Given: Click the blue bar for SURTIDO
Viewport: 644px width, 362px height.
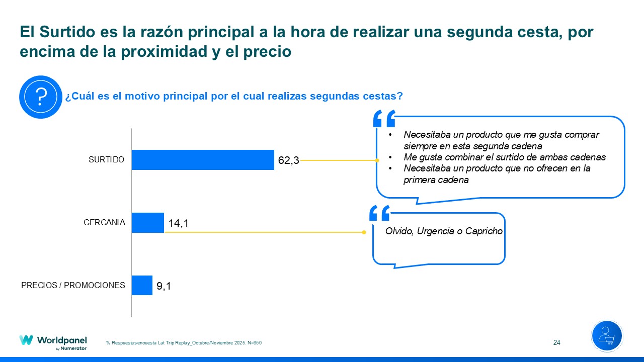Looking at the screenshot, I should [x=203, y=160].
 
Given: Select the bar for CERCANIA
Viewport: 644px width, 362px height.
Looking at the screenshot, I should [x=148, y=223].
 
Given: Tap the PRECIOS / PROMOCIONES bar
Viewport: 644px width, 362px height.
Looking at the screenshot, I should [x=142, y=285].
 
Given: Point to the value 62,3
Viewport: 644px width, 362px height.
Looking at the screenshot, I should [x=289, y=160].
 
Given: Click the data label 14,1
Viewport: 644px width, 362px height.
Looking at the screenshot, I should [x=179, y=223].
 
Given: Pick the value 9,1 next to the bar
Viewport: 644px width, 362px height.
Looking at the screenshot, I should [x=164, y=286].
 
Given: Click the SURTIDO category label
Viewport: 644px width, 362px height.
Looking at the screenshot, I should [x=106, y=160].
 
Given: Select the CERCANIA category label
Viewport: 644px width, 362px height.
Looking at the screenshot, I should [x=104, y=222].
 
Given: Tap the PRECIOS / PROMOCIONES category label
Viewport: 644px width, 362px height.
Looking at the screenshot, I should [x=73, y=285].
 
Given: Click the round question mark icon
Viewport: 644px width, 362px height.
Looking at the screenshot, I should [x=40, y=97].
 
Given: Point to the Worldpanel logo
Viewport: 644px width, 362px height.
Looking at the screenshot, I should [x=53, y=341].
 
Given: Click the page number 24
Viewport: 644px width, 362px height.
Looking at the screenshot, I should [x=556, y=343].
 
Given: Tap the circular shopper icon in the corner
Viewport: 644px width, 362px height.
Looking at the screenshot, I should [x=607, y=336].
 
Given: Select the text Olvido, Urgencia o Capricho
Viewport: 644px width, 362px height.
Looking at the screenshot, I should [x=444, y=231].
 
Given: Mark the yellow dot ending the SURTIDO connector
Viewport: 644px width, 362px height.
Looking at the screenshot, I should [x=377, y=160].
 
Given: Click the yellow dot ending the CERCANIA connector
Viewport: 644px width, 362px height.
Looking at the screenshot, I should [x=364, y=232].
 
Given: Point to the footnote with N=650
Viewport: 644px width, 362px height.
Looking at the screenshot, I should [x=184, y=343].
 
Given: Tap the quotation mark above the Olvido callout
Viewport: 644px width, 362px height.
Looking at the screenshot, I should [x=379, y=213].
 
